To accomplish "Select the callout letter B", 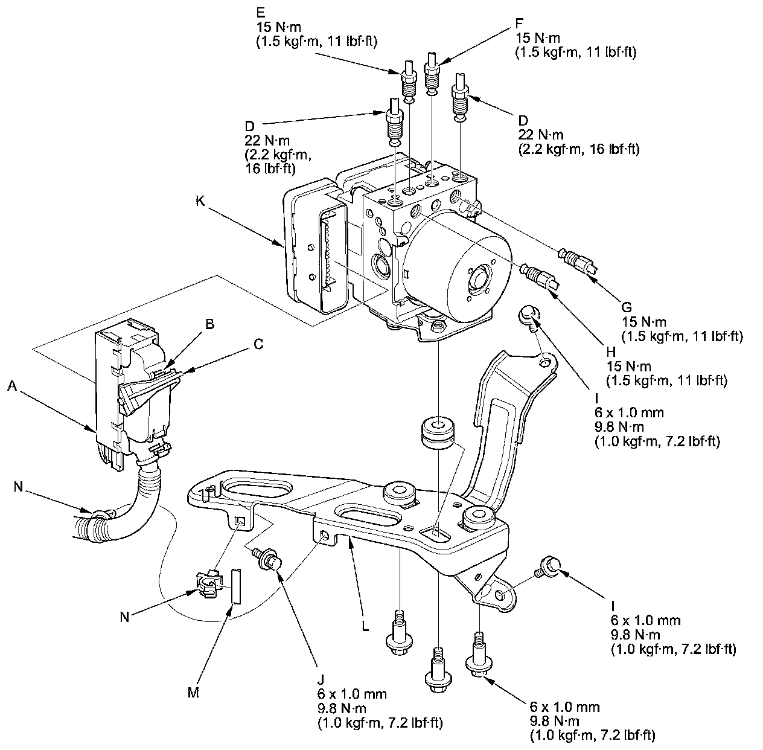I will pyautogui.click(x=209, y=324).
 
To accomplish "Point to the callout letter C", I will pyautogui.click(x=258, y=344).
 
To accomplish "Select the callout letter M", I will pyautogui.click(x=193, y=693).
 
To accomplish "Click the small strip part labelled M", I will pyautogui.click(x=235, y=585).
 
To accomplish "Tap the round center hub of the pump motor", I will pyautogui.click(x=481, y=280).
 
